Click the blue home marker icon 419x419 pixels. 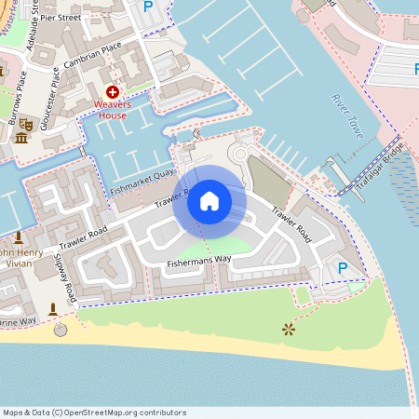(209, 200)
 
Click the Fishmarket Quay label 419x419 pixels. (142, 182)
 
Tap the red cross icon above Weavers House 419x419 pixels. (113, 92)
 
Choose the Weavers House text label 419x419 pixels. (113, 110)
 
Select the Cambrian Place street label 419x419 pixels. (93, 56)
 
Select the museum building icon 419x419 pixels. (20, 139)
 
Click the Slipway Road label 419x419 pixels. (64, 275)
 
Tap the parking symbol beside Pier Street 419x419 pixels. (147, 7)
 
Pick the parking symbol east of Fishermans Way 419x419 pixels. (342, 268)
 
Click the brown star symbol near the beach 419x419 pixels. (288, 329)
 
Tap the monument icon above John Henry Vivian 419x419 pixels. (20, 238)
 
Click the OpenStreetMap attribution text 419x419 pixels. (94, 412)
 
